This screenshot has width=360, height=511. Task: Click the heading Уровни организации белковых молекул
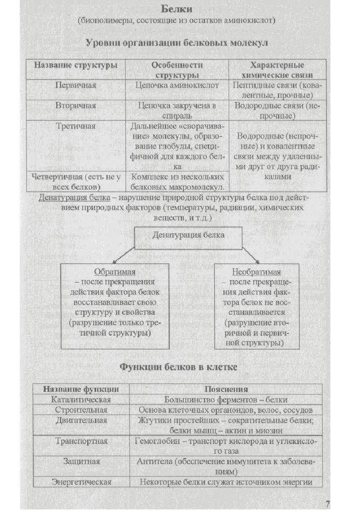(177, 43)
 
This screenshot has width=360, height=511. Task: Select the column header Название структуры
(76, 65)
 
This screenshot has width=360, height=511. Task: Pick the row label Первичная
(76, 85)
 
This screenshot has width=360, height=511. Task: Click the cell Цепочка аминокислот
(177, 85)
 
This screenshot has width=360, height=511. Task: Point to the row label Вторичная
(76, 106)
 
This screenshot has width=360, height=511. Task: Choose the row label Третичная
(76, 127)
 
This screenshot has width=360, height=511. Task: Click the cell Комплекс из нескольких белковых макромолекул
(177, 182)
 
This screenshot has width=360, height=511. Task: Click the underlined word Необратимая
(256, 272)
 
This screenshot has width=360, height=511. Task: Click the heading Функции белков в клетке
(177, 368)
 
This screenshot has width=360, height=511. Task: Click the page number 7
(328, 502)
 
